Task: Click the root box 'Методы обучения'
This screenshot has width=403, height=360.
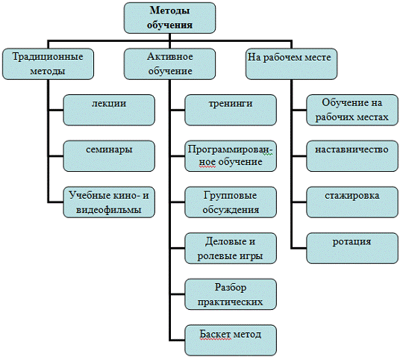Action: coord(169,18)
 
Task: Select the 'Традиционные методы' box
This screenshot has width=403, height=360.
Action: coord(48,63)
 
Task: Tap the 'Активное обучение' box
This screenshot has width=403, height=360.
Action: coord(169,63)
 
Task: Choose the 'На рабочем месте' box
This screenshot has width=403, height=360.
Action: coord(292,63)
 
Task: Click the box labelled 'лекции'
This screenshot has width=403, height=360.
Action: coord(109,110)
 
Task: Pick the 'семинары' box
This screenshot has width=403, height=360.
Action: coord(109,156)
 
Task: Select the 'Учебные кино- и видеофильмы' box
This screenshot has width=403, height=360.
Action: coord(109,202)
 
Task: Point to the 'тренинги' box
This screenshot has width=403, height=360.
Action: coord(231,110)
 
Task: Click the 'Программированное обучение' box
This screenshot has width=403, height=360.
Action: coord(231,156)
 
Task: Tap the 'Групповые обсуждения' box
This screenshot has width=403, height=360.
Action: coord(231,202)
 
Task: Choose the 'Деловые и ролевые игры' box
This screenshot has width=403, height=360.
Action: coord(231,249)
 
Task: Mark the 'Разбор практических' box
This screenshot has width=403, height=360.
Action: coord(231,294)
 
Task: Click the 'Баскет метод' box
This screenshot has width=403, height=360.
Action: coord(231,341)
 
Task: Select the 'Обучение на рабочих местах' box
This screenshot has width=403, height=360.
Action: coord(352,110)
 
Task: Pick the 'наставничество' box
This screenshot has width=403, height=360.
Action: coord(352,156)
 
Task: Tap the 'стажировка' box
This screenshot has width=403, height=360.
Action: coord(352,202)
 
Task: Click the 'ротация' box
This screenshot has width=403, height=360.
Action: coord(352,249)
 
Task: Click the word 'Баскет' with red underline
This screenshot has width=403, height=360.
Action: coord(215,335)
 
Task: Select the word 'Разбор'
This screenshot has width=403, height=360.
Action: coord(231,288)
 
